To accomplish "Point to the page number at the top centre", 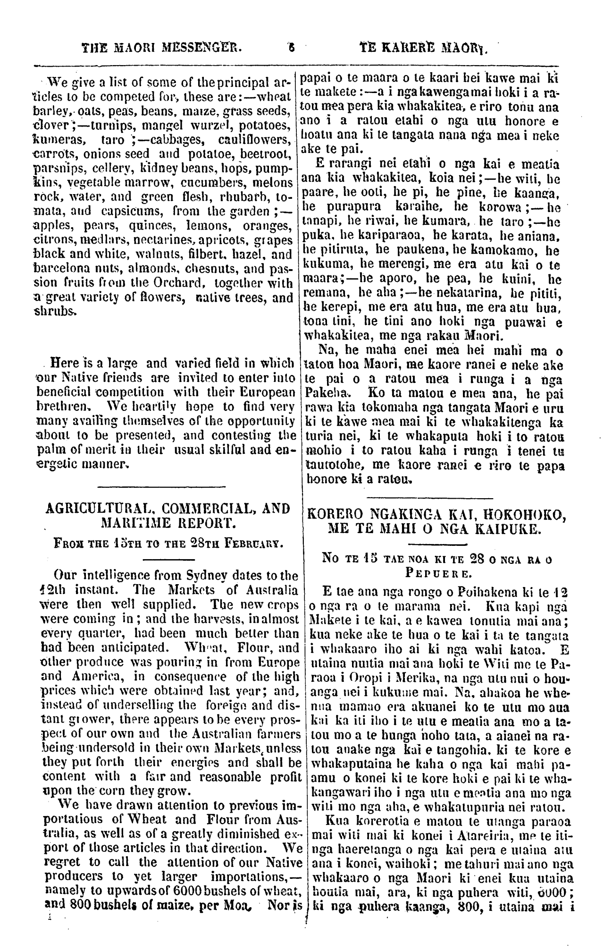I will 292,47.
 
